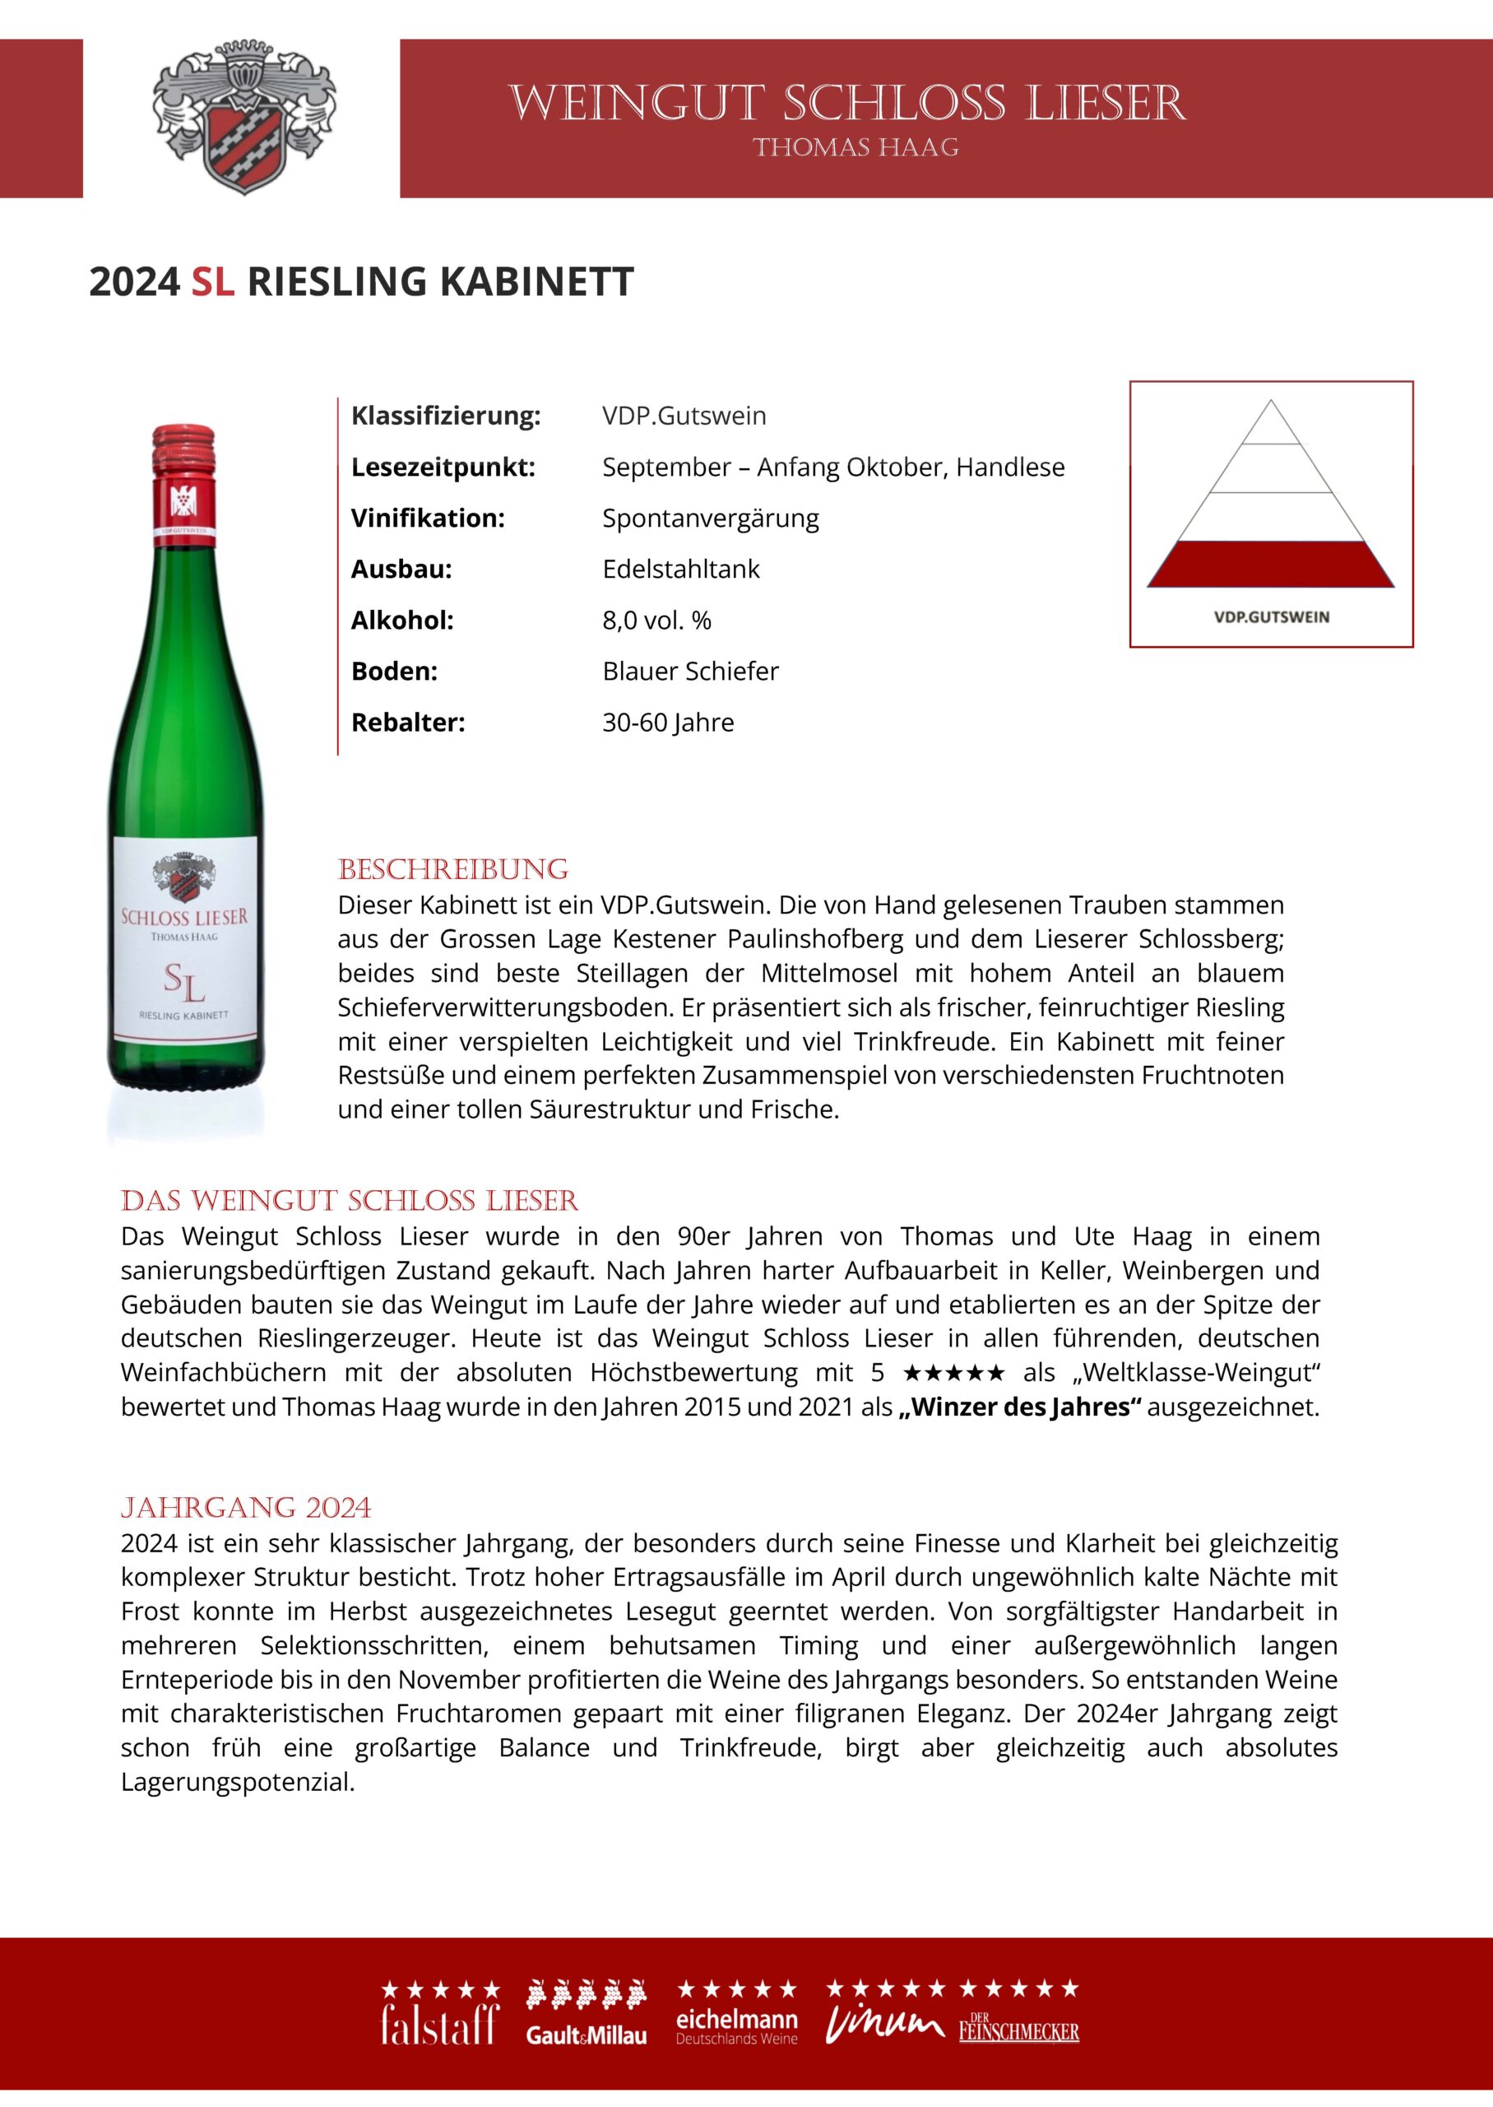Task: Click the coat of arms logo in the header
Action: tap(243, 118)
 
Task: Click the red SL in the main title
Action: tap(212, 281)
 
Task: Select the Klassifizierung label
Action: tap(446, 416)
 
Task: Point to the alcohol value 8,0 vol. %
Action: tap(656, 620)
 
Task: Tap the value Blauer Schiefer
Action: tap(690, 672)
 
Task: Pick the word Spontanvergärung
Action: tap(710, 518)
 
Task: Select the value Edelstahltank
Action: tap(680, 570)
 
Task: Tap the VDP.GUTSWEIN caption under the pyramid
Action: tap(1272, 617)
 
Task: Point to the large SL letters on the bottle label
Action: tap(184, 982)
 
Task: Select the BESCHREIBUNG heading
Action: tap(453, 870)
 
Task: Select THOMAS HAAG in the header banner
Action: tap(855, 148)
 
